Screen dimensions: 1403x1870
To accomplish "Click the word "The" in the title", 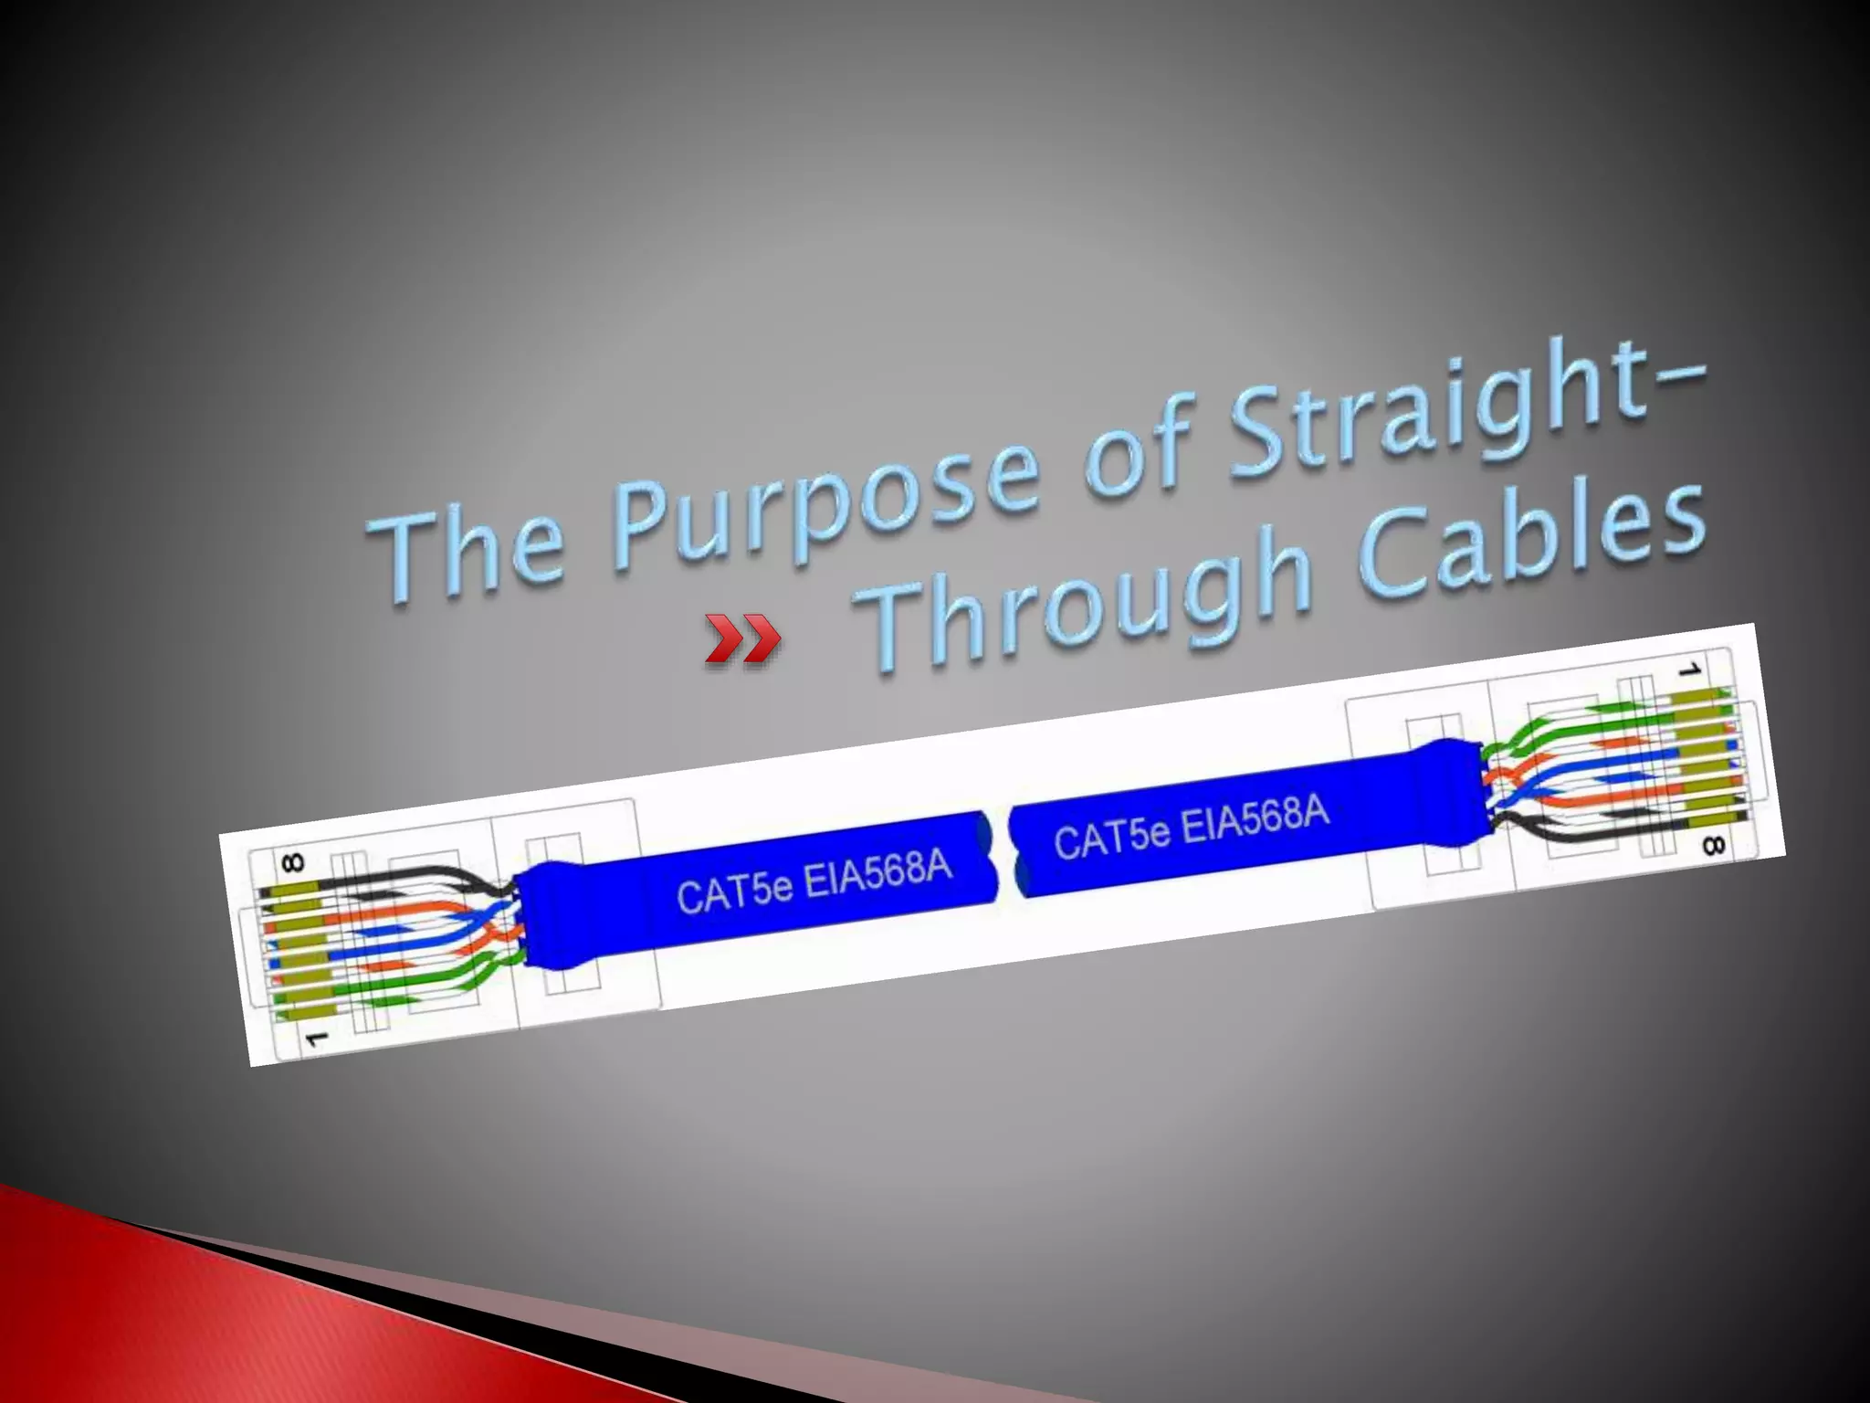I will click(470, 548).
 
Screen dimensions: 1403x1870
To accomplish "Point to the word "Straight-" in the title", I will click(1461, 402).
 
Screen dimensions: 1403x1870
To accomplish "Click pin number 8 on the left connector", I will click(293, 862).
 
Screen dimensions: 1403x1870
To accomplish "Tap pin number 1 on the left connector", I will click(315, 1039).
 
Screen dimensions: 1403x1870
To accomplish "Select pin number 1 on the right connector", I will click(1689, 671).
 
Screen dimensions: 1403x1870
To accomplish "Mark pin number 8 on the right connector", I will click(1713, 846).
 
